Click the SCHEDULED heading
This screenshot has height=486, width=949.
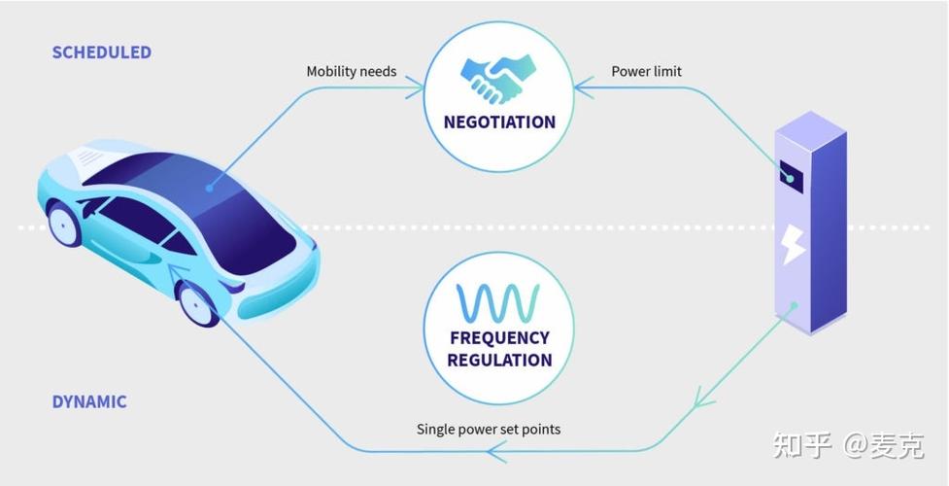coord(102,52)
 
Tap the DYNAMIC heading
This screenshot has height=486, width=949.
coord(89,401)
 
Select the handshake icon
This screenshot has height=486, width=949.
coord(499,77)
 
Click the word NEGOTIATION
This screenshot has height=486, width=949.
coord(499,122)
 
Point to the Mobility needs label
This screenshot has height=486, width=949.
coord(351,71)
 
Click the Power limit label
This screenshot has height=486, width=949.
coord(646,71)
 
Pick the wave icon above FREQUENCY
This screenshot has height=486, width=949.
coord(499,303)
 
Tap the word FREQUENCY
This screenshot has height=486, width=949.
coord(499,338)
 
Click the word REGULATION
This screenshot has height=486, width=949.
coord(499,360)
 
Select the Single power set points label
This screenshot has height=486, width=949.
coord(489,429)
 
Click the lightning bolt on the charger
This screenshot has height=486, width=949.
coord(794,242)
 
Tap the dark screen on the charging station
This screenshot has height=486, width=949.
coord(791,178)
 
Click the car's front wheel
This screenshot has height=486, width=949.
coord(199,304)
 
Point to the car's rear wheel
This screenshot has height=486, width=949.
coord(64,224)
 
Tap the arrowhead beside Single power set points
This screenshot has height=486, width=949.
coord(496,451)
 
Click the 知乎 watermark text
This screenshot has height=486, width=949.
coord(802,446)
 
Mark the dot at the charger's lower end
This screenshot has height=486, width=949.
coord(794,306)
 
